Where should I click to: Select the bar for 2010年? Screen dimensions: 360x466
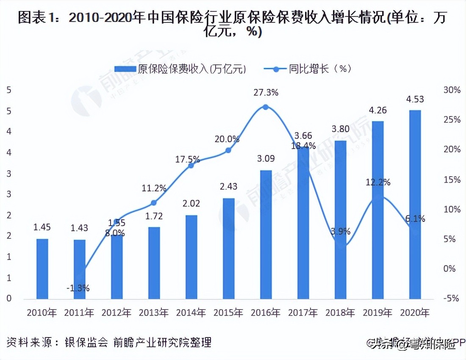pyautogui.click(x=42, y=269)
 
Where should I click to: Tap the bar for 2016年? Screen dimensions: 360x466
pyautogui.click(x=266, y=234)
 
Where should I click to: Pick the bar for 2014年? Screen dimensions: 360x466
pyautogui.click(x=191, y=257)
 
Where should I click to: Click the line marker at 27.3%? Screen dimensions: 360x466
pyautogui.click(x=266, y=107)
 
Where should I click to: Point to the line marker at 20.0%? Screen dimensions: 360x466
pyautogui.click(x=228, y=150)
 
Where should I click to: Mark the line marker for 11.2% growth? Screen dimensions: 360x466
pyautogui.click(x=154, y=203)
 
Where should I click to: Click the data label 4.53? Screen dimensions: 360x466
pyautogui.click(x=415, y=100)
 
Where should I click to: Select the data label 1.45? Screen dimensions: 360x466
pyautogui.click(x=42, y=228)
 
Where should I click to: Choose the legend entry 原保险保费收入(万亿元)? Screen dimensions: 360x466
pyautogui.click(x=180, y=69)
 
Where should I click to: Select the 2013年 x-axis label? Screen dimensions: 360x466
pyautogui.click(x=154, y=313)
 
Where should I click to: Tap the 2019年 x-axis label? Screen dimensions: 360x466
pyautogui.click(x=377, y=313)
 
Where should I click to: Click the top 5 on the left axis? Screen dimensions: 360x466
pyautogui.click(x=8, y=90)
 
